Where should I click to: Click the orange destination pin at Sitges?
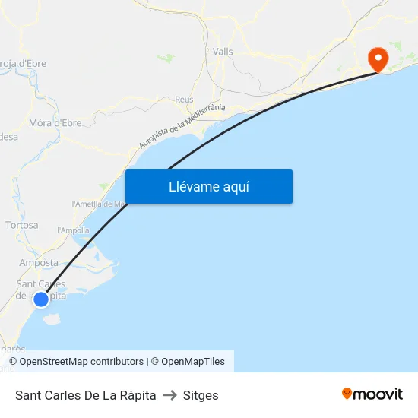coord(377,58)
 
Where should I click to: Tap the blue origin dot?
coord(41,299)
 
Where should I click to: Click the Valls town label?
coord(223,52)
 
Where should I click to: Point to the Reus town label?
coord(184,100)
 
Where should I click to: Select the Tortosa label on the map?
coord(21,225)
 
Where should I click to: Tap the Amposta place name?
coord(39,263)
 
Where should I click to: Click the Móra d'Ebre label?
coord(55,122)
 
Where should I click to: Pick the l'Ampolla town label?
coord(74,230)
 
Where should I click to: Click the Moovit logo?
coord(372,394)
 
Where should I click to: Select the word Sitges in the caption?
coord(201,395)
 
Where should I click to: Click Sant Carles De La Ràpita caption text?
coord(86,395)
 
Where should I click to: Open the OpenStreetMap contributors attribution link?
coord(76,362)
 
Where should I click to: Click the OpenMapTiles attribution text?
coord(188,362)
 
